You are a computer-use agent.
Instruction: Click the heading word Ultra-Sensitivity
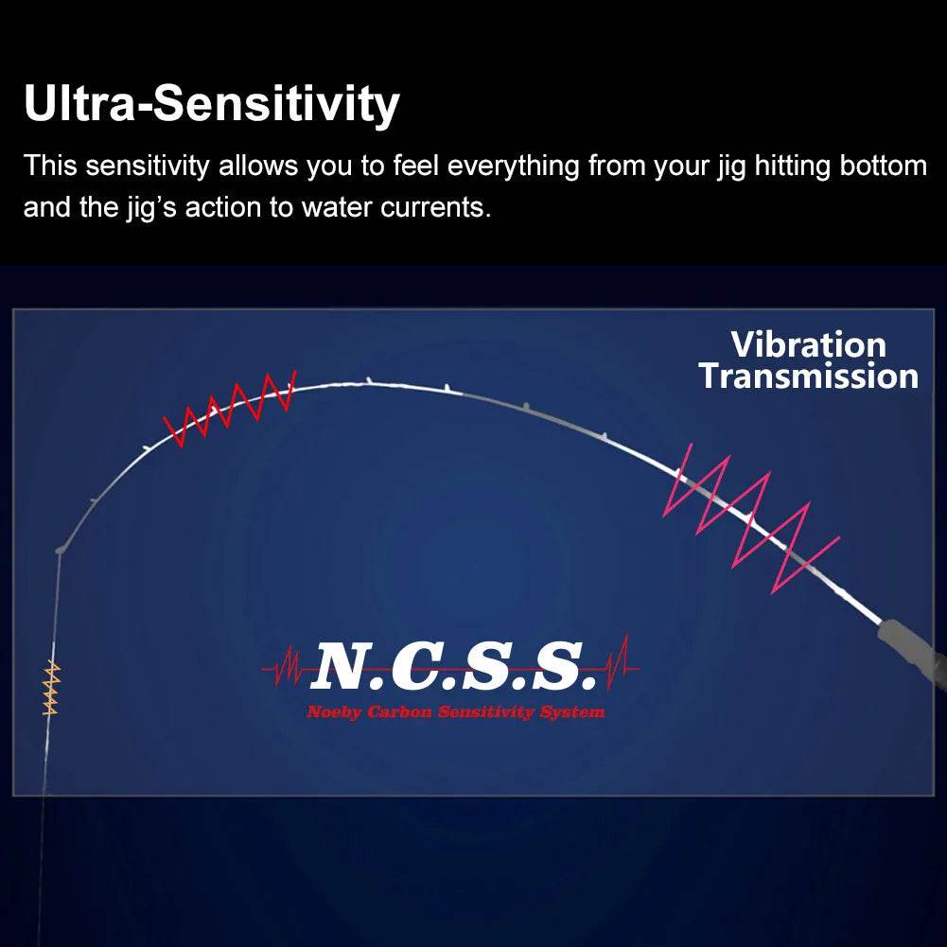point(211,104)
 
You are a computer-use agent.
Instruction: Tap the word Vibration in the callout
point(808,344)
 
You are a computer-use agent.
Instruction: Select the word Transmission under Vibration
point(808,377)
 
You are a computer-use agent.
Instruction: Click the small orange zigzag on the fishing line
point(52,689)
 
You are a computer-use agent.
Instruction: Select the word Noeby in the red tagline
point(334,711)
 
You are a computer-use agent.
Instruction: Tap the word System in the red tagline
point(571,711)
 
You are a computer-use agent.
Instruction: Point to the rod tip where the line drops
point(61,548)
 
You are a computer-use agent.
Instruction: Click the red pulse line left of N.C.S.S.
point(284,669)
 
